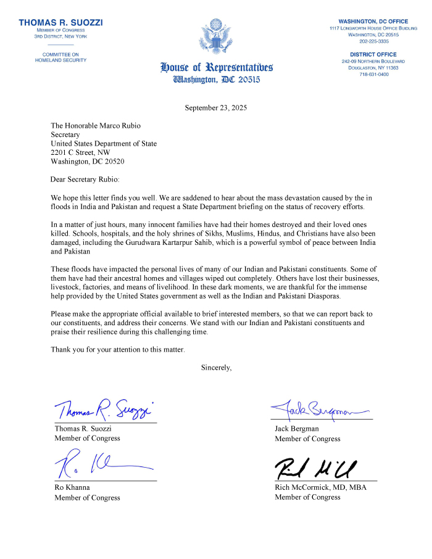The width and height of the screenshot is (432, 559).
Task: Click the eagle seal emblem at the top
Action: pos(216,37)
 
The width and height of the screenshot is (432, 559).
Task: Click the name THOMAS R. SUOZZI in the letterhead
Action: pos(60,23)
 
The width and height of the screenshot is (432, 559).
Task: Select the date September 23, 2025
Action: pos(216,108)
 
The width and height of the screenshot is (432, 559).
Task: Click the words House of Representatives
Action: pos(216,67)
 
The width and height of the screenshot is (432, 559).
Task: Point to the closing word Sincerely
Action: pos(216,368)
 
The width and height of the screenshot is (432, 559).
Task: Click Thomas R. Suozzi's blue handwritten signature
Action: pos(102,408)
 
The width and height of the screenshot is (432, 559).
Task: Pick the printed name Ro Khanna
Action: pos(72,487)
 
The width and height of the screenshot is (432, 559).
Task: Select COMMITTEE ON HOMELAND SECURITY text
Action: pos(60,57)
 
